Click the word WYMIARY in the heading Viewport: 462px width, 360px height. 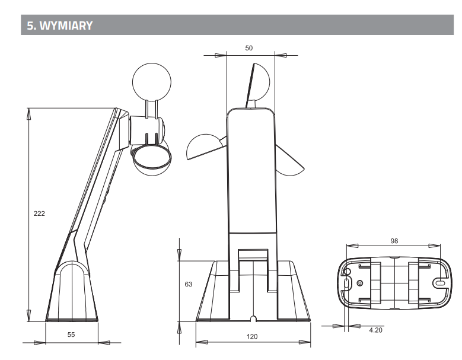click(66, 26)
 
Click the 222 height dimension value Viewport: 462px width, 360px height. click(39, 214)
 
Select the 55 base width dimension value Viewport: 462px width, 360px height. click(71, 334)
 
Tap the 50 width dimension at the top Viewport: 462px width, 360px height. click(249, 48)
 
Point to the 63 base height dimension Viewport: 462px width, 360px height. click(188, 284)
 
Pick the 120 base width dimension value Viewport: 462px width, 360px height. click(252, 336)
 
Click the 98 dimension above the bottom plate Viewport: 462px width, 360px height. click(394, 241)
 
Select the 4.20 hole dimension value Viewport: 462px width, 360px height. click(375, 330)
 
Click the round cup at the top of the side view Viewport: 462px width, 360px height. click(152, 82)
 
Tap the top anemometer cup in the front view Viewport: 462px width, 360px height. click(259, 82)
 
